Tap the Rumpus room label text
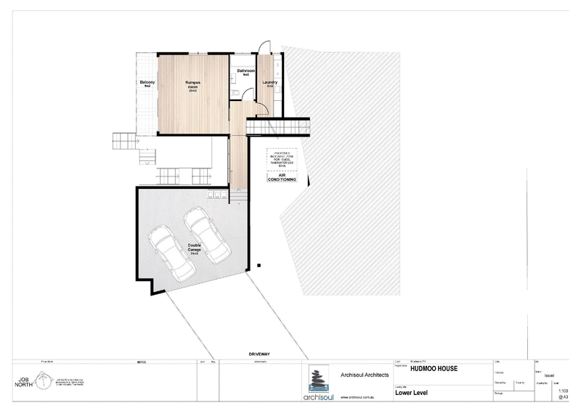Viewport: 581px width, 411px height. tap(193, 86)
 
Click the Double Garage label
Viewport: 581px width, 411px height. tap(195, 249)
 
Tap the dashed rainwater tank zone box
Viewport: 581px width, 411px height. tap(281, 158)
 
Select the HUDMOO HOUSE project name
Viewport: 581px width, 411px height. tap(434, 368)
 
